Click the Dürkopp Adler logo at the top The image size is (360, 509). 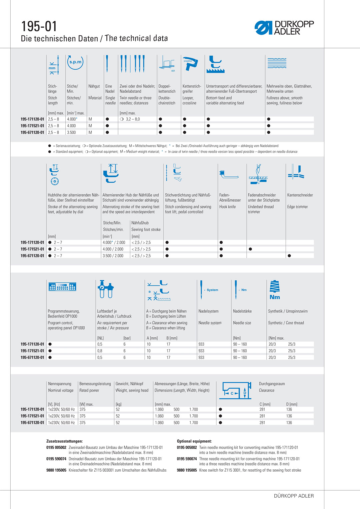284,28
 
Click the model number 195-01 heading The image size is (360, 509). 39,26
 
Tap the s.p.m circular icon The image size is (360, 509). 75,62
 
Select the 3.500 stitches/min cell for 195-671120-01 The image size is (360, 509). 71,132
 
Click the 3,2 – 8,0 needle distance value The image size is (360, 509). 133,119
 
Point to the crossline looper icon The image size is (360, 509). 190,63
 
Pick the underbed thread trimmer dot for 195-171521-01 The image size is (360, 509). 250,249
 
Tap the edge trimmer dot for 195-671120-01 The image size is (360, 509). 289,256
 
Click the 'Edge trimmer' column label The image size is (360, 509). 297,207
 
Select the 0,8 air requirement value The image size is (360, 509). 100,351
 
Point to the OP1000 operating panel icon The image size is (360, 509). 62,287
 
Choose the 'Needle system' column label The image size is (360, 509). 210,323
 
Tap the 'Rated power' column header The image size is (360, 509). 89,390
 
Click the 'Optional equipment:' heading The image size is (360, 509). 194,441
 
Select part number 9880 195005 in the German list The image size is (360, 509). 56,470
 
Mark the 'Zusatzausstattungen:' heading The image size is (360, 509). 64,441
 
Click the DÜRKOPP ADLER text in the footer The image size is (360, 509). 294,496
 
